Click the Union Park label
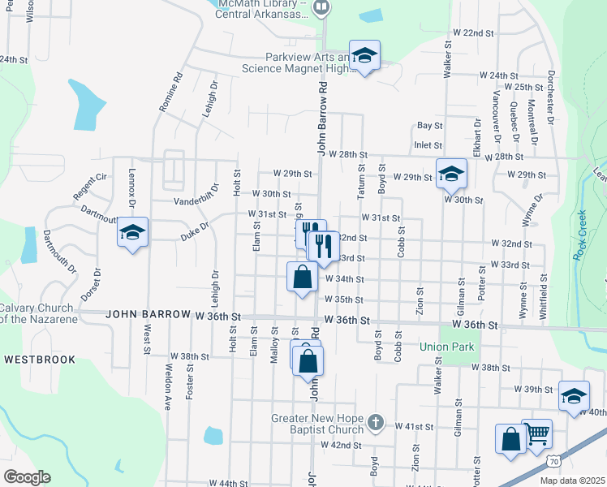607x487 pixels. [x=446, y=347]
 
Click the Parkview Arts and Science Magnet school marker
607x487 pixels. [x=364, y=56]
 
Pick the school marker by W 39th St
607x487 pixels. [x=574, y=397]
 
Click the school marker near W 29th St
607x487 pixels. [x=451, y=174]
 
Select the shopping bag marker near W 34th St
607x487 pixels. [x=302, y=277]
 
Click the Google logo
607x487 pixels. [x=27, y=477]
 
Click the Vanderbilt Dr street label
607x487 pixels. [x=197, y=200]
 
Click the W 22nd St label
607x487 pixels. [x=474, y=32]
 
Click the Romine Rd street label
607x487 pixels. [x=171, y=93]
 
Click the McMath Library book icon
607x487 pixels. [x=321, y=8]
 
